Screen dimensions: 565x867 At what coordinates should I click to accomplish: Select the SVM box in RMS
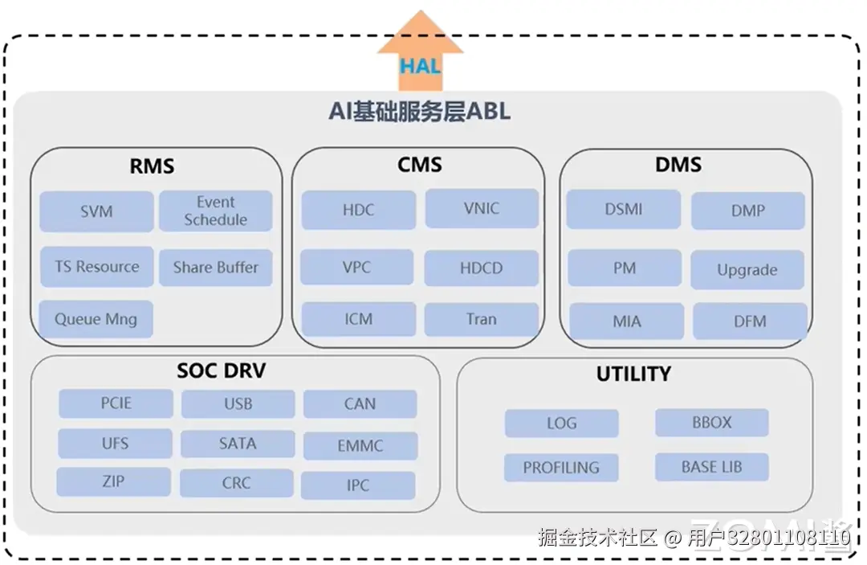click(x=96, y=212)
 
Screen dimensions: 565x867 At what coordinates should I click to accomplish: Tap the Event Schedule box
click(x=216, y=211)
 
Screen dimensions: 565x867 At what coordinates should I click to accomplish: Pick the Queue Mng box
click(x=96, y=319)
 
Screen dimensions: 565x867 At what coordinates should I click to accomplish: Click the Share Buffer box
click(x=216, y=268)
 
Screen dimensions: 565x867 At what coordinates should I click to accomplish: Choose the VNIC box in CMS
click(x=482, y=209)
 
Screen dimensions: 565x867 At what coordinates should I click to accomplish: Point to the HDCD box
click(x=482, y=268)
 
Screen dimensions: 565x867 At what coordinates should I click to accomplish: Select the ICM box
click(x=359, y=319)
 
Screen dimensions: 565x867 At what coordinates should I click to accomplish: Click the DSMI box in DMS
click(x=624, y=210)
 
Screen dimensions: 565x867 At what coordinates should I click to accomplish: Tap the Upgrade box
click(x=747, y=270)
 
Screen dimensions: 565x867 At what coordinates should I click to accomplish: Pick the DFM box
click(x=750, y=321)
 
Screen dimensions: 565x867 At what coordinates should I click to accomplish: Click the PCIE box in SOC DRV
click(x=116, y=403)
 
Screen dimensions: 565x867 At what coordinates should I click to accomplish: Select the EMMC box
click(x=360, y=445)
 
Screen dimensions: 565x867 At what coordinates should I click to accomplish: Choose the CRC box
click(x=237, y=483)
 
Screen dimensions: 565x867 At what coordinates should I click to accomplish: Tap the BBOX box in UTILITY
click(x=712, y=423)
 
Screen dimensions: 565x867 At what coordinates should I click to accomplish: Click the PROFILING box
click(x=561, y=467)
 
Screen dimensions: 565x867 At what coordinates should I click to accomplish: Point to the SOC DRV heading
click(x=221, y=371)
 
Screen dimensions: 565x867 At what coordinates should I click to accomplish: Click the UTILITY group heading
click(x=633, y=374)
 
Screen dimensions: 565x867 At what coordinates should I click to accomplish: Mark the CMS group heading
click(x=419, y=165)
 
